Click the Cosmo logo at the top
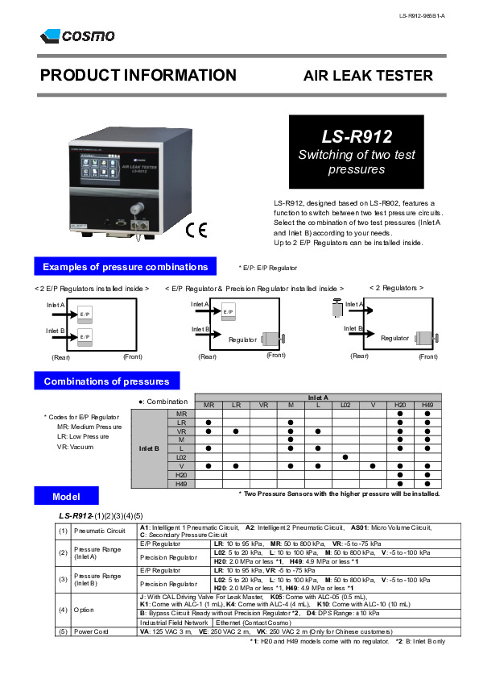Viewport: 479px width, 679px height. pos(77,35)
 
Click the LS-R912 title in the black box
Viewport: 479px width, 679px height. pos(356,137)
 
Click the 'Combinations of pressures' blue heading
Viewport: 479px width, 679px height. pos(106,381)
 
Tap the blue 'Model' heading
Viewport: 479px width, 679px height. pos(66,496)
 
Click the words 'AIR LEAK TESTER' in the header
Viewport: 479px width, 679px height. pos(367,76)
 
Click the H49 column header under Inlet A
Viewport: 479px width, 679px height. pos(427,405)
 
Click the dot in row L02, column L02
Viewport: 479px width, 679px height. pos(345,457)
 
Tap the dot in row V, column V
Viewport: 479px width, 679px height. pos(373,466)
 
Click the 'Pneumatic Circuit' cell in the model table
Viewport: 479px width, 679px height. pos(100,531)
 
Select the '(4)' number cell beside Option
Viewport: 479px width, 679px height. pos(63,610)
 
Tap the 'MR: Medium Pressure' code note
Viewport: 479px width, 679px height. pos(89,427)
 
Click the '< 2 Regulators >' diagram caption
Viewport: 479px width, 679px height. pos(396,288)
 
